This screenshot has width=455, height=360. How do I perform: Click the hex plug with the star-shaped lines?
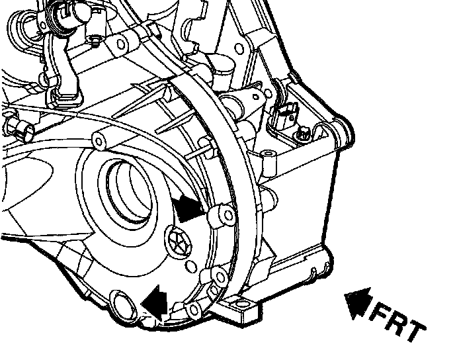click(x=178, y=242)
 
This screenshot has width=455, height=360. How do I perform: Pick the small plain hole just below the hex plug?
click(x=190, y=267)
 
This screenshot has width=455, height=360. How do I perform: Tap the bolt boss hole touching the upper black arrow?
click(x=229, y=216)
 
